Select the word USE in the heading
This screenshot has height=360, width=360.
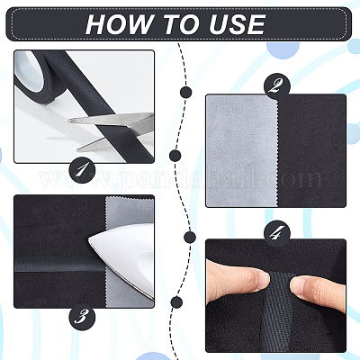(238, 24)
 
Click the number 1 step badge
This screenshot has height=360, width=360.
(82, 171)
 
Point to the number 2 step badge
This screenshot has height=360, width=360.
(277, 86)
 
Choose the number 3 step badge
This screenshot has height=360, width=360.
(82, 318)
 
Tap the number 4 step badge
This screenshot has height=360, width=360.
(277, 233)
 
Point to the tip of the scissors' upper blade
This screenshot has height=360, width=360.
(70, 121)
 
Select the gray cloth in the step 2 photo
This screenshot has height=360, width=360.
(242, 150)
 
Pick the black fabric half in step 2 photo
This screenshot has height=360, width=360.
(311, 150)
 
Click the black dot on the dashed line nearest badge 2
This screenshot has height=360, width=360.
(186, 92)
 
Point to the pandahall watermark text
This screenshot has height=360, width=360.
(180, 179)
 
